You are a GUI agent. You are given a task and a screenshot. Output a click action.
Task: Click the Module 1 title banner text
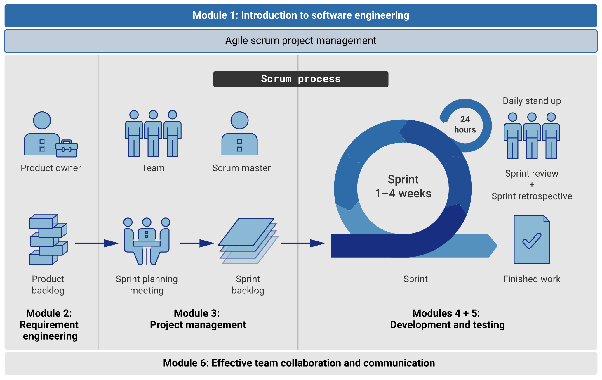point(301,15)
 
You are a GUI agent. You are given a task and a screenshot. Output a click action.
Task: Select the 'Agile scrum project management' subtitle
point(301,41)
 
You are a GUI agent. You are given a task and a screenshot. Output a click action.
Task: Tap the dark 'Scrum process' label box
point(301,79)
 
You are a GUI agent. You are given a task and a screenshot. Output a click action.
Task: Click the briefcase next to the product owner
point(67,148)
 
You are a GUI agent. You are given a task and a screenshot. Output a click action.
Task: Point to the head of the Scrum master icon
point(239,120)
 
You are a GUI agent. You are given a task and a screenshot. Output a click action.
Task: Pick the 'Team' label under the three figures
point(153,168)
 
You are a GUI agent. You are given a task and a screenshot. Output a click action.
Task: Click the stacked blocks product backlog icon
point(48,239)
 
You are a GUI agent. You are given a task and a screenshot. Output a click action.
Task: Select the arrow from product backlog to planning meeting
point(97,243)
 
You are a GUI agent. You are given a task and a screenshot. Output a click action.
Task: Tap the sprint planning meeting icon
point(147,241)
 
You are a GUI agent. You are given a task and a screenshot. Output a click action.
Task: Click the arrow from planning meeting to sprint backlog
point(197,243)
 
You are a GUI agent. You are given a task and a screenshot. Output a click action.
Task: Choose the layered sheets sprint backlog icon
point(248,241)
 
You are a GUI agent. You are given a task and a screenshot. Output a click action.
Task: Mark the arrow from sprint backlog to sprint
point(303,243)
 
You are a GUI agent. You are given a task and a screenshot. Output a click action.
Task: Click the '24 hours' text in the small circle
point(465,125)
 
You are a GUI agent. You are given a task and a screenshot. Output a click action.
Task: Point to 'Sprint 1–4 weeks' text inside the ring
point(403,186)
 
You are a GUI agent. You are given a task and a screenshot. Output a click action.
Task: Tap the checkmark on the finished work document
point(532,241)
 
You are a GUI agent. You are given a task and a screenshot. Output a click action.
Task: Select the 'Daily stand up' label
point(532,101)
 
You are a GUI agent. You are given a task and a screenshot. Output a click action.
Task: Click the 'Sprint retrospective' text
point(532,196)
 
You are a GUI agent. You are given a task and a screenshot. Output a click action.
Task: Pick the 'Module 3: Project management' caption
point(198,319)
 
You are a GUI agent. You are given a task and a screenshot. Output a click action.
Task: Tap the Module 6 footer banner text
point(299,363)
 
